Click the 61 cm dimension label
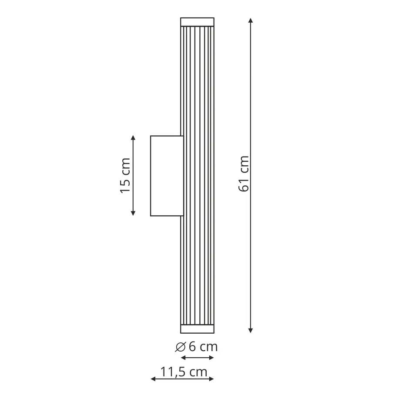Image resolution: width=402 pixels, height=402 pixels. [x=244, y=174]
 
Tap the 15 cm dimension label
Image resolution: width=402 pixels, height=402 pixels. [x=126, y=176]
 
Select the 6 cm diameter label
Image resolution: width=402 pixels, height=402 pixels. [x=196, y=347]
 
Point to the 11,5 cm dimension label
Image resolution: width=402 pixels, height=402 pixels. [x=184, y=372]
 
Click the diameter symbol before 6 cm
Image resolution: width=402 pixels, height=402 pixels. [x=180, y=347]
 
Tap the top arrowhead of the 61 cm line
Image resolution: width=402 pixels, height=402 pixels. [x=251, y=20]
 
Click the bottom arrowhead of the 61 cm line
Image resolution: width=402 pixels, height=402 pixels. [x=251, y=331]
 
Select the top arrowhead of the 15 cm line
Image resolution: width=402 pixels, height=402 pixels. [x=133, y=138]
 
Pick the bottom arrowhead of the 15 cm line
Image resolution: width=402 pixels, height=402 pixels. [x=133, y=213]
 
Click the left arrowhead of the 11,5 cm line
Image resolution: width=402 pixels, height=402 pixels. [x=153, y=379]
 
